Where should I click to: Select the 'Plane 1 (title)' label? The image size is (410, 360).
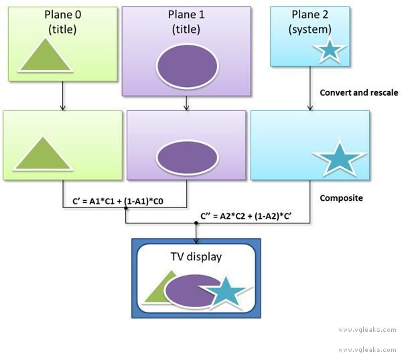tap(186, 21)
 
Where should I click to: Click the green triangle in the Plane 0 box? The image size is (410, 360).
tap(45, 56)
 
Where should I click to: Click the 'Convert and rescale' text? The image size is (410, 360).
tap(359, 92)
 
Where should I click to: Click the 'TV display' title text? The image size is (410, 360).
tap(196, 256)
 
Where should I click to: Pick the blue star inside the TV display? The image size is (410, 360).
tap(225, 292)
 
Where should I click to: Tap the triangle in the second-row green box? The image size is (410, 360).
tap(43, 155)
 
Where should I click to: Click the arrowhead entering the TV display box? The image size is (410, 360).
tap(196, 237)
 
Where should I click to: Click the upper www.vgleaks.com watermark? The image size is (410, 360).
tap(367, 330)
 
